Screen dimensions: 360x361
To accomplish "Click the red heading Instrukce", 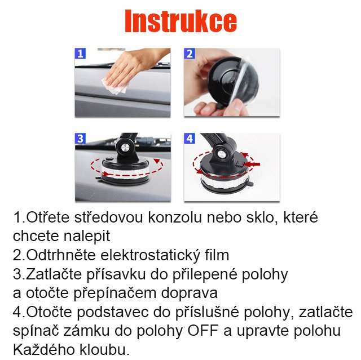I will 180,22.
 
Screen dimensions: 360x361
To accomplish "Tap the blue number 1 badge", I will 81,54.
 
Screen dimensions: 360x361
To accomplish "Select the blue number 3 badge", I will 81,139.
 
